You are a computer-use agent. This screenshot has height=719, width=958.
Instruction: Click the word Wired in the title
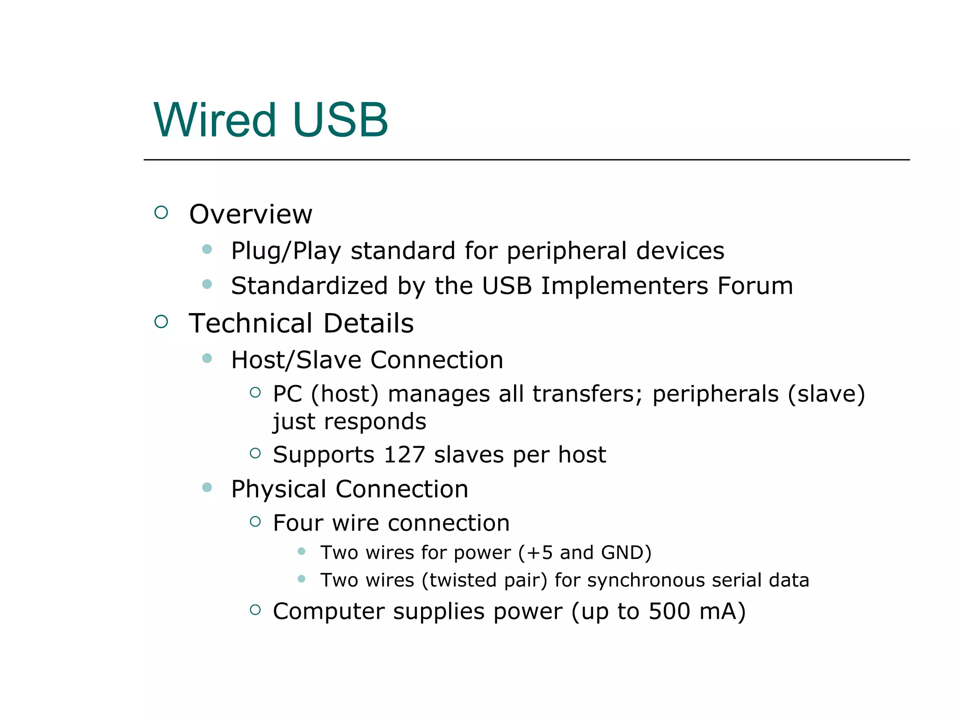[215, 120]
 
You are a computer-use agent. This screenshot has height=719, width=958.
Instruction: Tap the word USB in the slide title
[340, 120]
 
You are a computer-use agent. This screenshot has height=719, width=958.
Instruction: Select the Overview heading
[250, 214]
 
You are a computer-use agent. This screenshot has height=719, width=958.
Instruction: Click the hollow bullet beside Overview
[161, 213]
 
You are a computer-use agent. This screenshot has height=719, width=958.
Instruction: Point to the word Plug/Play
[286, 251]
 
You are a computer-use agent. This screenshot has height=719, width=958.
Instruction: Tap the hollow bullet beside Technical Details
[161, 322]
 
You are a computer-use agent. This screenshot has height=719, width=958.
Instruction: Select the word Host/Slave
[296, 360]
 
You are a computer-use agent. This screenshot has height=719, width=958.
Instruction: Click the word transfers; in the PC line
[588, 394]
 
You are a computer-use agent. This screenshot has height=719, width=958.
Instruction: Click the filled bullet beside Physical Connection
[207, 488]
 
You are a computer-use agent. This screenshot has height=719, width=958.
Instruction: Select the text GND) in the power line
[626, 553]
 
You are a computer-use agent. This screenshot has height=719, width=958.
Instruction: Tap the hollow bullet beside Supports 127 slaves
[255, 453]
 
